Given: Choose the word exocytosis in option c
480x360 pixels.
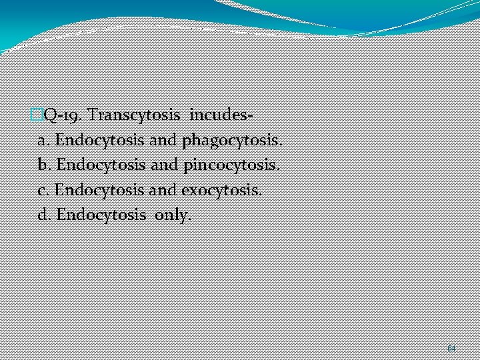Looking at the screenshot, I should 221,190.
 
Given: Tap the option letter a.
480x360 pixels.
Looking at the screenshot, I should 44,141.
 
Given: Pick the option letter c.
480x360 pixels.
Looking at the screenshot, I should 44,190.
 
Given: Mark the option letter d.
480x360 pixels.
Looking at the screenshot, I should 45,215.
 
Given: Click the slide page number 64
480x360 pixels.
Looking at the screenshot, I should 451,349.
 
